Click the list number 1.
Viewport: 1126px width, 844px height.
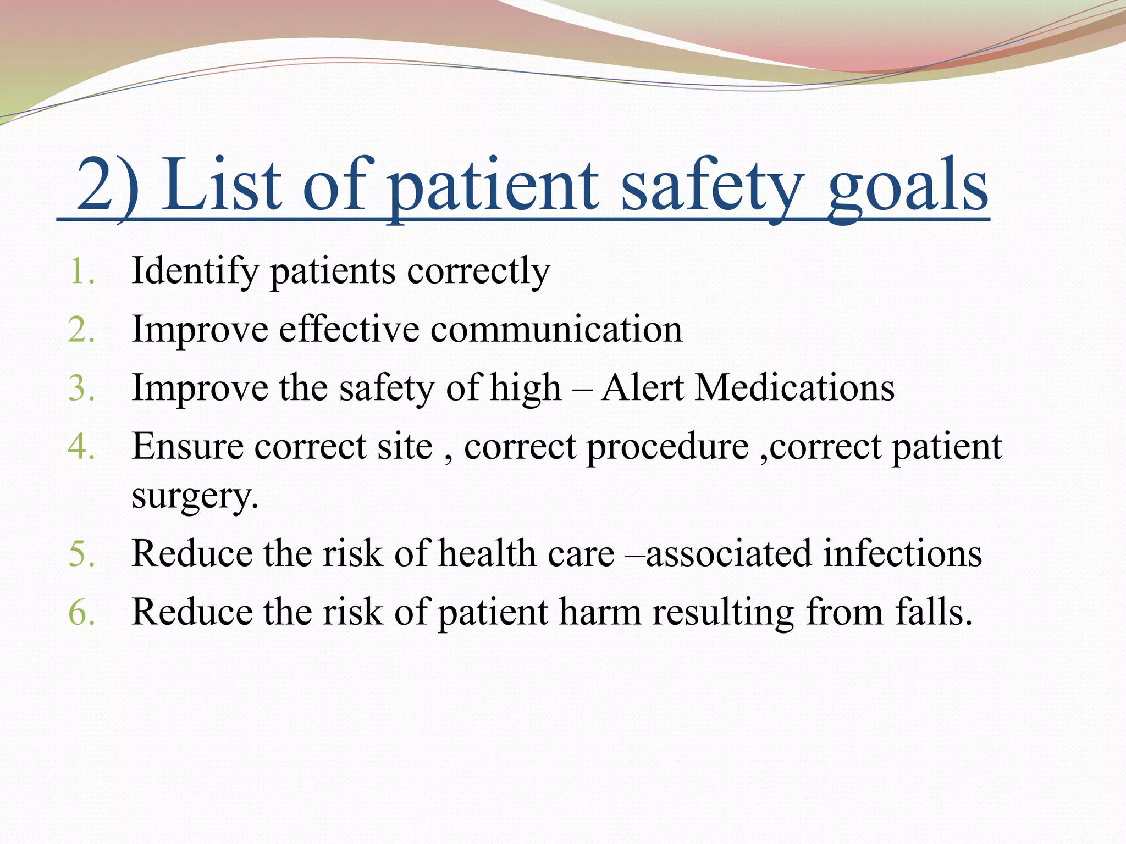pyautogui.click(x=81, y=271)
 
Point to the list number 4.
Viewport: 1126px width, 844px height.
pyautogui.click(x=81, y=446)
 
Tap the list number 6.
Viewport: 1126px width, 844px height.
pyautogui.click(x=81, y=612)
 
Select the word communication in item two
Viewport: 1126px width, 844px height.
pyautogui.click(x=556, y=330)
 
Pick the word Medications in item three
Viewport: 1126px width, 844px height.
pyautogui.click(x=794, y=388)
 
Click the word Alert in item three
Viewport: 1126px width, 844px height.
pyautogui.click(x=642, y=388)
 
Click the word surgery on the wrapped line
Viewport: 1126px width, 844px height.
pyautogui.click(x=194, y=496)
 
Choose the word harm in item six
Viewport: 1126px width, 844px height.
pyautogui.click(x=600, y=612)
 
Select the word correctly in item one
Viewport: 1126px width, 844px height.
pyautogui.click(x=478, y=271)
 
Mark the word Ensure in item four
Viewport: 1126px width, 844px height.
pyautogui.click(x=187, y=446)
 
